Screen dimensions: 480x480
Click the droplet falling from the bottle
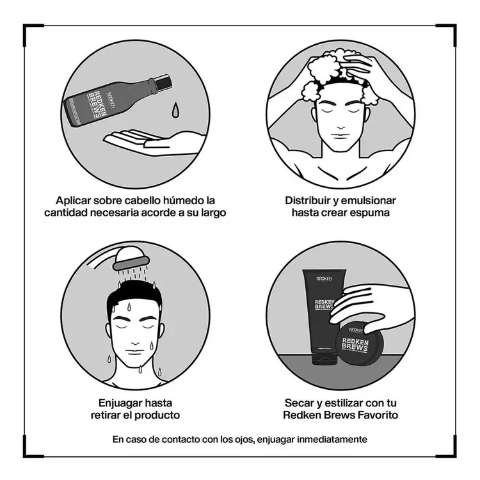point(175,109)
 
